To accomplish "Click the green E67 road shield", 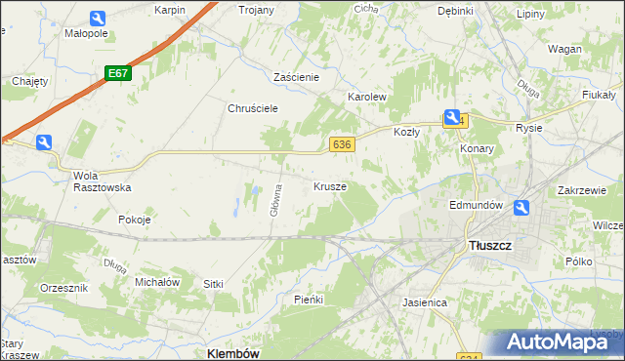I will (x=118, y=73).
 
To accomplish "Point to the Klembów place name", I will (x=233, y=353).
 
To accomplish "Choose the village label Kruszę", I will (x=330, y=185).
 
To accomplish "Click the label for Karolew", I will (x=368, y=98).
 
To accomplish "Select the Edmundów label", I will (x=476, y=206).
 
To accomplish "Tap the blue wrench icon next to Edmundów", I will (x=521, y=207).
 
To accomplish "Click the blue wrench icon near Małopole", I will (x=97, y=19).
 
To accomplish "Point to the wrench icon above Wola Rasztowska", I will (x=43, y=143).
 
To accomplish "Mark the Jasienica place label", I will (x=425, y=302).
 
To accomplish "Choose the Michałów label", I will (x=156, y=281).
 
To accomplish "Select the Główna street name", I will (x=277, y=200).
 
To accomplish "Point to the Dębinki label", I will (x=455, y=11).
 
